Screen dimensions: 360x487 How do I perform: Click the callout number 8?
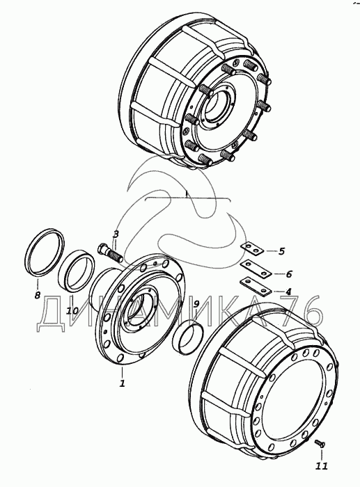click(38, 294)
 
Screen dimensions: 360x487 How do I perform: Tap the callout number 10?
click(72, 310)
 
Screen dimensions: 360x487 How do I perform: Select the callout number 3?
click(116, 234)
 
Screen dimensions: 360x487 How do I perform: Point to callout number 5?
click(281, 251)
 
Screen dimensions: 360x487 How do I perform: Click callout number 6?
click(289, 274)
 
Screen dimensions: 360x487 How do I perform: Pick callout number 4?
click(288, 292)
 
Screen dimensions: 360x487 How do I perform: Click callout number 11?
click(322, 466)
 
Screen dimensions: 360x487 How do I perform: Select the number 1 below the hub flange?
click(123, 383)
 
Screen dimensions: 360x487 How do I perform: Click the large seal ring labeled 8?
click(45, 252)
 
